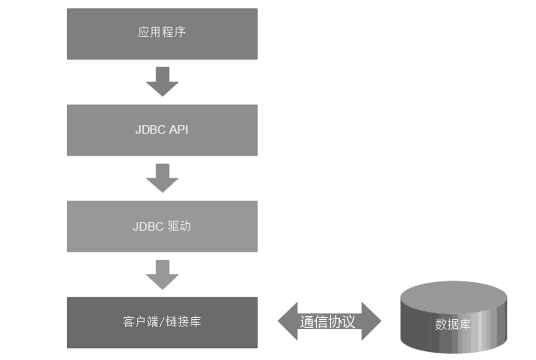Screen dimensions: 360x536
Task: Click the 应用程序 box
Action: pyautogui.click(x=162, y=34)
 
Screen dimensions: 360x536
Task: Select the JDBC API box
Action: pyautogui.click(x=162, y=130)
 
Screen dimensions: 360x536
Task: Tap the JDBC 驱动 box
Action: pyautogui.click(x=162, y=226)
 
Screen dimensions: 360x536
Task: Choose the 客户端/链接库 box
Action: pyautogui.click(x=162, y=322)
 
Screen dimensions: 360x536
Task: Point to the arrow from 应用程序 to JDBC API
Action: pyautogui.click(x=162, y=82)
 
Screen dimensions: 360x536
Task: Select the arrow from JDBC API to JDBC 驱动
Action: pyautogui.click(x=162, y=178)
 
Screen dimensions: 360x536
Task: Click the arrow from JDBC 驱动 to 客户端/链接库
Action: pyautogui.click(x=162, y=275)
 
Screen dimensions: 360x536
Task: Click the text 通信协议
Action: pyautogui.click(x=328, y=322)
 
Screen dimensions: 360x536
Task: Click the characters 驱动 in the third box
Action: pyautogui.click(x=179, y=226)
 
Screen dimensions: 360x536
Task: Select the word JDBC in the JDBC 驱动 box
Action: pyautogui.click(x=149, y=227)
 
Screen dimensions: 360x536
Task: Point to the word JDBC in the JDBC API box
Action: pyautogui.click(x=151, y=130)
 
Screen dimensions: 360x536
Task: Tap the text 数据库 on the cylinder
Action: pyautogui.click(x=453, y=324)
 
